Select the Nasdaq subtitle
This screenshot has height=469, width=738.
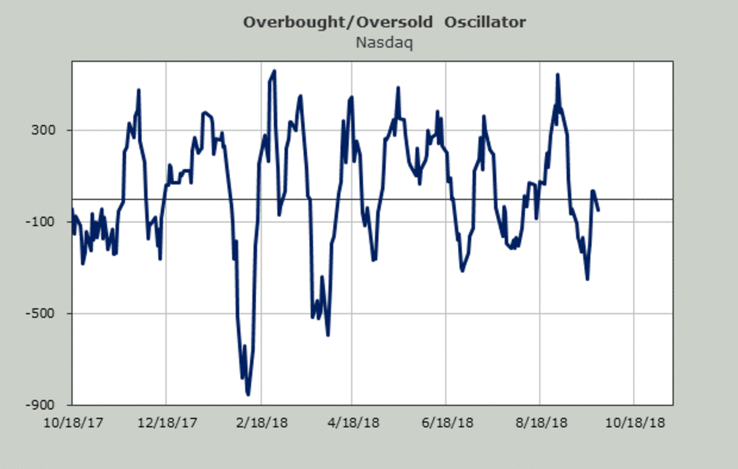click(x=384, y=43)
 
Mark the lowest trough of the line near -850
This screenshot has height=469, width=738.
click(x=248, y=395)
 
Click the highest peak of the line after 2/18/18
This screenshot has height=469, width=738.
click(x=274, y=71)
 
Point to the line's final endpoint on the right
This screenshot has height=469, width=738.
click(x=598, y=210)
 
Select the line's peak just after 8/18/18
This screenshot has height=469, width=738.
click(x=557, y=75)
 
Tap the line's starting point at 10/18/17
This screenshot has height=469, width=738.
click(x=73, y=210)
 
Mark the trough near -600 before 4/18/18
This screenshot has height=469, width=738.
click(x=328, y=335)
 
